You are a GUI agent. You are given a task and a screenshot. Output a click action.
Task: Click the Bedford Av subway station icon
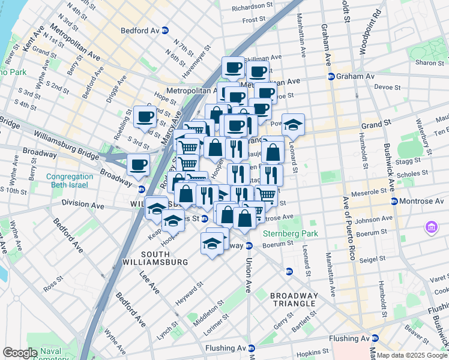(165, 29)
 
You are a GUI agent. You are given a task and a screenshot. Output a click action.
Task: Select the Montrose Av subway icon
(394, 200)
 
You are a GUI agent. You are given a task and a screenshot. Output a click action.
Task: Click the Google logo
(20, 352)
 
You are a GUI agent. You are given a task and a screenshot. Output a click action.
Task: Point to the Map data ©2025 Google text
(412, 355)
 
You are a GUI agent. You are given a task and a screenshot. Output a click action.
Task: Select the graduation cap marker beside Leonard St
(293, 125)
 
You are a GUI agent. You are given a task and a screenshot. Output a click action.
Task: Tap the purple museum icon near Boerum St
(432, 227)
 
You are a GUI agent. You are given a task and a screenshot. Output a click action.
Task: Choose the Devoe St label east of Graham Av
(387, 87)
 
